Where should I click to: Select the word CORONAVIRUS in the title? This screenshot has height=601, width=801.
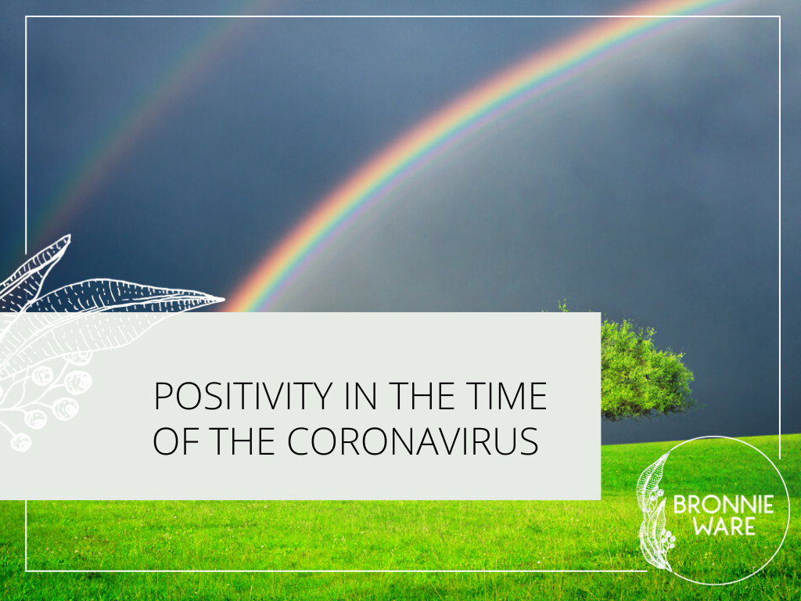point(413,441)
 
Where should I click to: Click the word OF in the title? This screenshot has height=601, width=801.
point(176,441)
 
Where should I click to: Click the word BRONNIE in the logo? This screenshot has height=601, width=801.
point(724,506)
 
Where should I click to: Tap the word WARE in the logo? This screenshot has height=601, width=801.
point(724,527)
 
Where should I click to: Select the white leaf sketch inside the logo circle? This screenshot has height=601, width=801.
point(654,511)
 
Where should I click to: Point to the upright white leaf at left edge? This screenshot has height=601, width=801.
point(36,271)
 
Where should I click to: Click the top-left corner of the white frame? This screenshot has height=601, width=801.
point(26,17)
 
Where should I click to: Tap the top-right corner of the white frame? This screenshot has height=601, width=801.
point(780,17)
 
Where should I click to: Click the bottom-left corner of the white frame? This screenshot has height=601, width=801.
point(26,570)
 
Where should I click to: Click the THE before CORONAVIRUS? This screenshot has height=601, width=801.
point(242,441)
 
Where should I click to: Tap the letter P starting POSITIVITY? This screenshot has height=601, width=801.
point(163,396)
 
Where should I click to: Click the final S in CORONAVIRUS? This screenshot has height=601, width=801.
point(530,441)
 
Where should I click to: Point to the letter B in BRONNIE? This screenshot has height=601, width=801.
point(681,506)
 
